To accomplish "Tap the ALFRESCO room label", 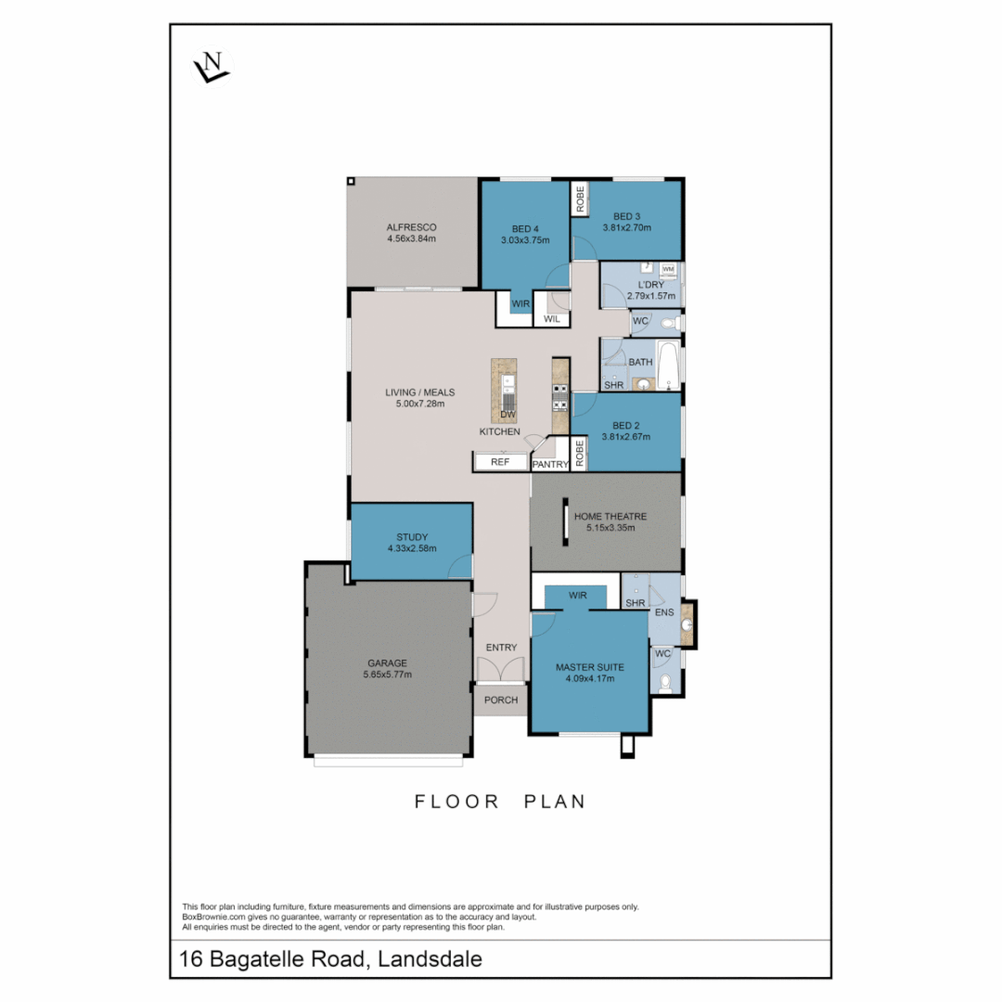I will click(411, 227).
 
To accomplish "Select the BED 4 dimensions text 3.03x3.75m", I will click(524, 240).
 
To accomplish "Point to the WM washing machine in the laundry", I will click(668, 268).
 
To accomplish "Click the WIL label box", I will click(551, 319).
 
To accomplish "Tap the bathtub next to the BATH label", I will click(669, 364).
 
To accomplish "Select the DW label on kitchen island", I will click(507, 414).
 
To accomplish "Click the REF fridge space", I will click(500, 461).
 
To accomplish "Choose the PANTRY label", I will click(550, 464).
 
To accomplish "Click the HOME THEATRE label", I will click(610, 517).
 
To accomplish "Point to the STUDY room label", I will click(411, 537).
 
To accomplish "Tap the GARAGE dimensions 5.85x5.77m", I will click(387, 674).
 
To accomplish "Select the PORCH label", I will click(501, 700).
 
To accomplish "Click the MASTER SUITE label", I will click(589, 667).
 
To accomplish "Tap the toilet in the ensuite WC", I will click(664, 684).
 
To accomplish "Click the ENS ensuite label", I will click(663, 613).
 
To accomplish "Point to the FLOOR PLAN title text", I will click(500, 801).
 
